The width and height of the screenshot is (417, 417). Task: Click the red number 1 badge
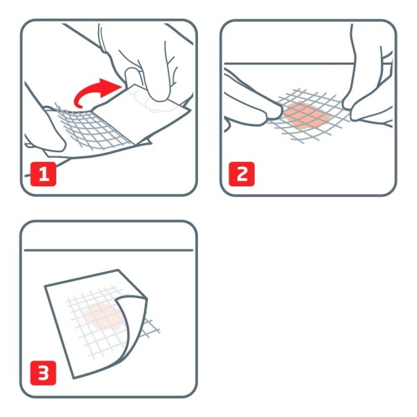(43, 174)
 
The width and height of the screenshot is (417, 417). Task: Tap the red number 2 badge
(242, 174)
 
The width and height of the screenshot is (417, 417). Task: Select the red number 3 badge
(43, 373)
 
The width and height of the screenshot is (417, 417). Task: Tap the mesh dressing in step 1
(93, 127)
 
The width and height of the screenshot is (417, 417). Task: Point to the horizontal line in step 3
(108, 250)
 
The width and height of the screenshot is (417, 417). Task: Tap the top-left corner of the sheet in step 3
(44, 286)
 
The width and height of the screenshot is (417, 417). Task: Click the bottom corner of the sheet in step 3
(74, 378)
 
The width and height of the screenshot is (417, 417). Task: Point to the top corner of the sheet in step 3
(118, 270)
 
